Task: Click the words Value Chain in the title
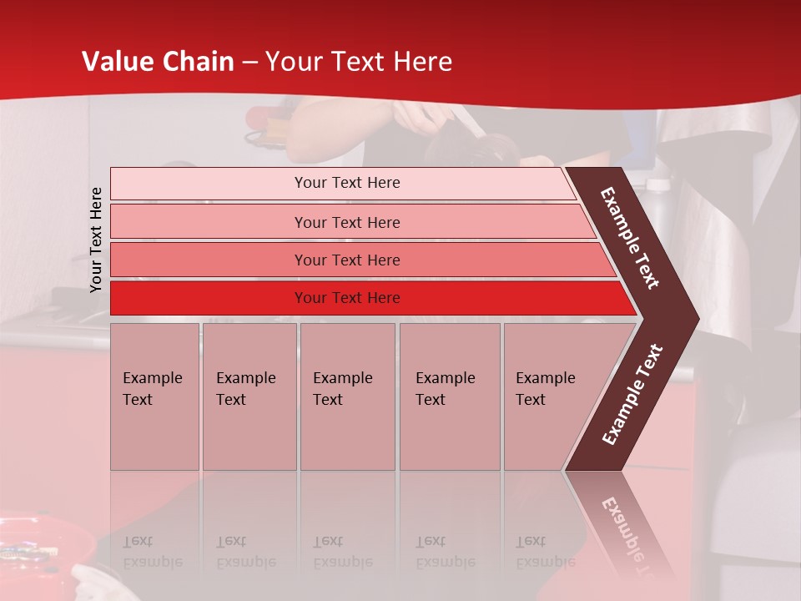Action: coord(158,62)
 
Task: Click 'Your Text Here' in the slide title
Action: coord(359,62)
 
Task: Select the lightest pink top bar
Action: coord(346,183)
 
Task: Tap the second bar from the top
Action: coord(347,222)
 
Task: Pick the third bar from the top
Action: coord(347,260)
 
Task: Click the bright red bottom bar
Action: coord(347,298)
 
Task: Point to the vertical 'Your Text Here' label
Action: coord(96,240)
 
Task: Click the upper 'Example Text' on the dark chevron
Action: coord(630,238)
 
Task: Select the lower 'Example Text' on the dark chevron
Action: coord(632,395)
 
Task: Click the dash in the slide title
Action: coord(249,62)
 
